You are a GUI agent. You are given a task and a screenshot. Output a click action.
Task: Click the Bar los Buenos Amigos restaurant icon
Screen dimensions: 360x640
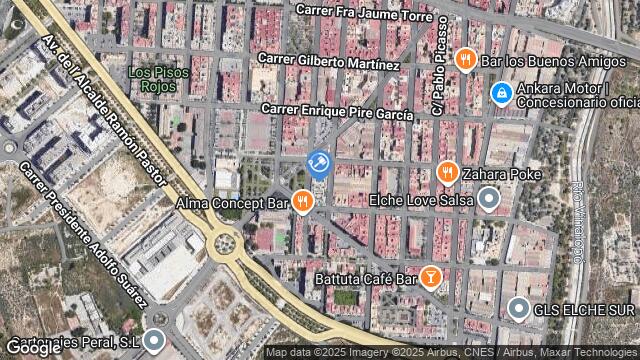(464, 60)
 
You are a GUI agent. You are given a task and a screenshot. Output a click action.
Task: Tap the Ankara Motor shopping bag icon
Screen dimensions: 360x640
(501, 95)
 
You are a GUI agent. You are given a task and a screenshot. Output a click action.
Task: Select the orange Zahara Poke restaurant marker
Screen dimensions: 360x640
(447, 174)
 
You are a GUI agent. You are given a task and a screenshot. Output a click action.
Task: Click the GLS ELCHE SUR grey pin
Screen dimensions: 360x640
(517, 309)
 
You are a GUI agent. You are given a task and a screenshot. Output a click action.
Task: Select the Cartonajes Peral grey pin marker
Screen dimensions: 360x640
(153, 341)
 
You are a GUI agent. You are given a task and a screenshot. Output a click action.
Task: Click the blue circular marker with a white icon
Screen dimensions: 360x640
(319, 163)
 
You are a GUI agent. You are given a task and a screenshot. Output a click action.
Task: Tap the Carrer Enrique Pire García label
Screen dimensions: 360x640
(337, 111)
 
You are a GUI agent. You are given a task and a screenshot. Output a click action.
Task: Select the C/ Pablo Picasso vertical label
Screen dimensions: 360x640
(437, 79)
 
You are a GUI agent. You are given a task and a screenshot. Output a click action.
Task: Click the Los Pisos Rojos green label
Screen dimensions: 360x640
(153, 78)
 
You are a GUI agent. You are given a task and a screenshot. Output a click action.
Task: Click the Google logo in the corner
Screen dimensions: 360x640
(33, 348)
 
